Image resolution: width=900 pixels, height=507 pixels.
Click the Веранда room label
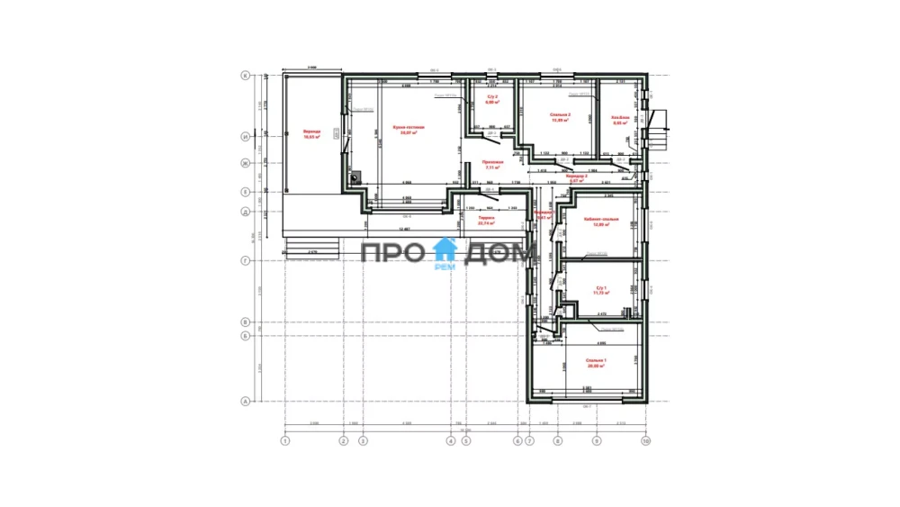[x=311, y=132]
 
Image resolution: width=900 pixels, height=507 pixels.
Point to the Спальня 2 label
[x=561, y=115]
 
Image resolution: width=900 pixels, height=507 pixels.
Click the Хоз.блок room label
[x=619, y=117]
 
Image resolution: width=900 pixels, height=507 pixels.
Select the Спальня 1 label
[x=597, y=361]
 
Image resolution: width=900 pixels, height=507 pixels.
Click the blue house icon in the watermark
[x=445, y=249]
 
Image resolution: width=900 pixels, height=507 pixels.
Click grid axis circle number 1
[x=284, y=441]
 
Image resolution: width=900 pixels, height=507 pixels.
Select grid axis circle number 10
[x=644, y=441]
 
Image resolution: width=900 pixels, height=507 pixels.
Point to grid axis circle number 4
[x=451, y=441]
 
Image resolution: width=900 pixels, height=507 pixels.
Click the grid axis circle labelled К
[x=245, y=77]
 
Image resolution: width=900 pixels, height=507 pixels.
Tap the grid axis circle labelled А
[x=245, y=402]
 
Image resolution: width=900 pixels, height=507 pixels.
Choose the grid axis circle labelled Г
[x=245, y=261]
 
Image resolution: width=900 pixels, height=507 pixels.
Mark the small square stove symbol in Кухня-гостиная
[x=356, y=177]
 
